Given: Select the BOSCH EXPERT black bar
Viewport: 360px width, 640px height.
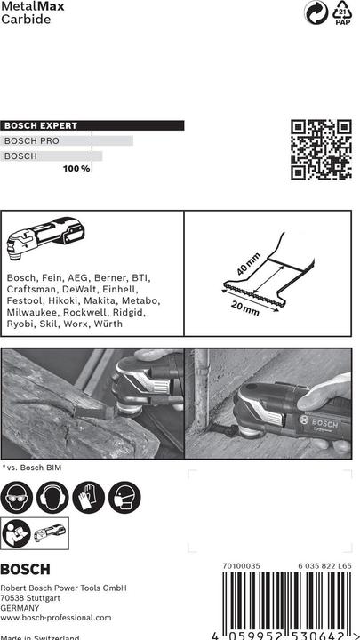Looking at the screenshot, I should coord(92,126).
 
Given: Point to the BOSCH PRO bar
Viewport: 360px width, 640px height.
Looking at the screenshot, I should coord(68,141).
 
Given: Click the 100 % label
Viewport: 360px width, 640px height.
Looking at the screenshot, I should coord(76,169).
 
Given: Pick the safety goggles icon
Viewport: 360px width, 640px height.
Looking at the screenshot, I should coord(19,498).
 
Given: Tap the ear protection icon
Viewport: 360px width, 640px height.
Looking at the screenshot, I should coord(54,498).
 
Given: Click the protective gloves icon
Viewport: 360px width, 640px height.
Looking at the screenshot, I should coord(90,498).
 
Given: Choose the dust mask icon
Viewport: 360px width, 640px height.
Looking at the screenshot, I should coord(125,498).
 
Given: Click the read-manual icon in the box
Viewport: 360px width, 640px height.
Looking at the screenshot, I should coord(19,532).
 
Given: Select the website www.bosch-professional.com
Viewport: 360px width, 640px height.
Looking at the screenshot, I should coord(56,617).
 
